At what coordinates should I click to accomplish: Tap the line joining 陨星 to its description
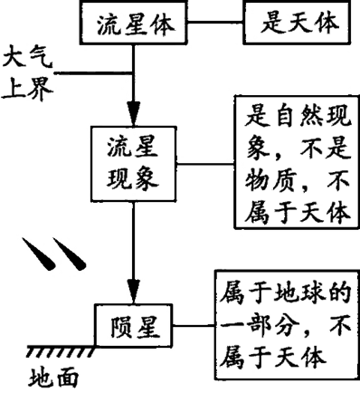tap(188, 323)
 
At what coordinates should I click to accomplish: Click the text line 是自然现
tap(289, 115)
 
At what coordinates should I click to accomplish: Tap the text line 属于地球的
tap(281, 292)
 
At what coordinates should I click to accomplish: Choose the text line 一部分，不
tap(281, 323)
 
